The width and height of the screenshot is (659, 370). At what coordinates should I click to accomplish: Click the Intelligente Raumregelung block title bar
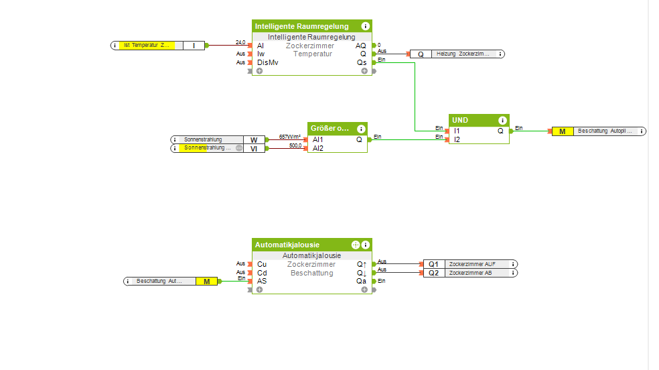(301, 26)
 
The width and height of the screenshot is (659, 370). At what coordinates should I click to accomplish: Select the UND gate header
(469, 120)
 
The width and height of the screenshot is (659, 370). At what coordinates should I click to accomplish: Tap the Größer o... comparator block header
(329, 128)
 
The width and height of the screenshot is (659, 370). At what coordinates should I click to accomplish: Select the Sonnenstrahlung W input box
(254, 139)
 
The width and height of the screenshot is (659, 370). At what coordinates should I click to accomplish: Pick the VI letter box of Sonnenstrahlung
(254, 148)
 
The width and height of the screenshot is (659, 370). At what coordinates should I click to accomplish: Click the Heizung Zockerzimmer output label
(463, 54)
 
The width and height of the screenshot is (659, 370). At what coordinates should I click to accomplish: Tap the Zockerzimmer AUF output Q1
(433, 264)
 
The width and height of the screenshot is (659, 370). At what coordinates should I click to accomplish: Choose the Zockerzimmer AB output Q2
(433, 273)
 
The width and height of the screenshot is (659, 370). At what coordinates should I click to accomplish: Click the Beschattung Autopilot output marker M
(562, 131)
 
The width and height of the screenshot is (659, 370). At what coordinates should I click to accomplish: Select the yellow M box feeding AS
(207, 282)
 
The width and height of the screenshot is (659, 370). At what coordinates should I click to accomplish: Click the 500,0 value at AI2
(295, 145)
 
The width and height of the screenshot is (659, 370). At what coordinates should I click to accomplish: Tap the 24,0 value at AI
(240, 42)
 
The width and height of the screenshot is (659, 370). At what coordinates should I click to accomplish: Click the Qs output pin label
(362, 62)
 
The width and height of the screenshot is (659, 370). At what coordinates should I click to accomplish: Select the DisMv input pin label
(267, 62)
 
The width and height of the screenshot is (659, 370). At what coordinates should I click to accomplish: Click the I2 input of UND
(457, 139)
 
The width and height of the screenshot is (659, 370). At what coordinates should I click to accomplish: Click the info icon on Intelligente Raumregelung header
(365, 26)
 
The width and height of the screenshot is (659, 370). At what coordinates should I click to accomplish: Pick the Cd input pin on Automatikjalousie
(262, 273)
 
